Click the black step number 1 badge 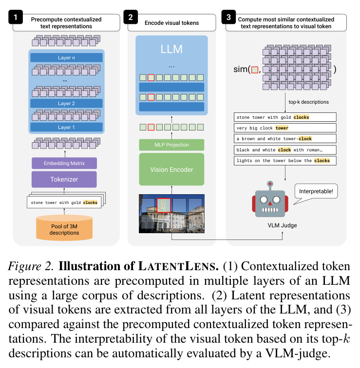pyautogui.click(x=16, y=17)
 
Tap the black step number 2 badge pyautogui.click(x=131, y=17)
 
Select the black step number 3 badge pyautogui.click(x=228, y=17)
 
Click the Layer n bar pyautogui.click(x=66, y=58)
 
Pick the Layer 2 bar pyautogui.click(x=66, y=104)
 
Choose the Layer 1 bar pyautogui.click(x=66, y=127)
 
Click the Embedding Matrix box pyautogui.click(x=64, y=163)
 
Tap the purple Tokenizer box pyautogui.click(x=64, y=179)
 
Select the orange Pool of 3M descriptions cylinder pyautogui.click(x=64, y=228)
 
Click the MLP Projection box pyautogui.click(x=171, y=145)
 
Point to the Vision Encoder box pyautogui.click(x=171, y=169)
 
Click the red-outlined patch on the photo pyautogui.click(x=164, y=205)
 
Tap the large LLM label pyautogui.click(x=171, y=49)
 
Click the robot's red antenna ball pyautogui.click(x=270, y=184)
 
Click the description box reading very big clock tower pyautogui.click(x=285, y=128)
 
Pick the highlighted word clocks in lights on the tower pyautogui.click(x=322, y=161)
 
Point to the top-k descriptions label pyautogui.click(x=308, y=102)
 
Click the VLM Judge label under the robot pyautogui.click(x=282, y=225)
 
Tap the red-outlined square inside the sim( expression pyautogui.click(x=255, y=70)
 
